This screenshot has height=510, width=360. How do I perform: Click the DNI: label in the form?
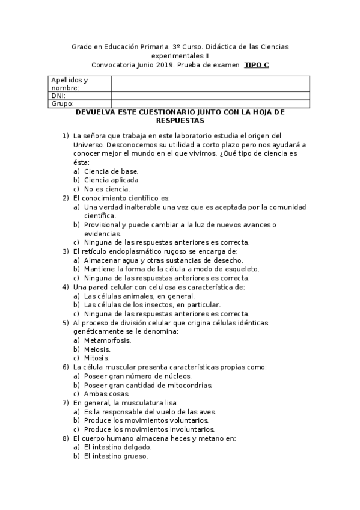(58, 95)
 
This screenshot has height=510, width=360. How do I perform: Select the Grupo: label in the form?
(62, 103)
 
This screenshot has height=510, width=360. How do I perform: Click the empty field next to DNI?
(210, 95)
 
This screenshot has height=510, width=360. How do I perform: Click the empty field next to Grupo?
(210, 103)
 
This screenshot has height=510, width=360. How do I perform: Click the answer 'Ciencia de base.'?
(111, 171)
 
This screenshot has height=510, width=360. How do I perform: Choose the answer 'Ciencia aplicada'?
(111, 179)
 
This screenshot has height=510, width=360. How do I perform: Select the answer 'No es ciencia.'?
(107, 188)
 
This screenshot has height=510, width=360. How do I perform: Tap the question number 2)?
(66, 197)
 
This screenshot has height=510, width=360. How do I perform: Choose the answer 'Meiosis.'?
(97, 349)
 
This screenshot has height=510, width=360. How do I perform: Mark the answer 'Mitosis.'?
(97, 358)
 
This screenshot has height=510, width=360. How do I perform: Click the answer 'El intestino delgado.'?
(118, 447)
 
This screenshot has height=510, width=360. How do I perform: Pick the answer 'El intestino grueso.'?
(116, 456)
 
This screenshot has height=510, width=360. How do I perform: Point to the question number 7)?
(66, 402)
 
